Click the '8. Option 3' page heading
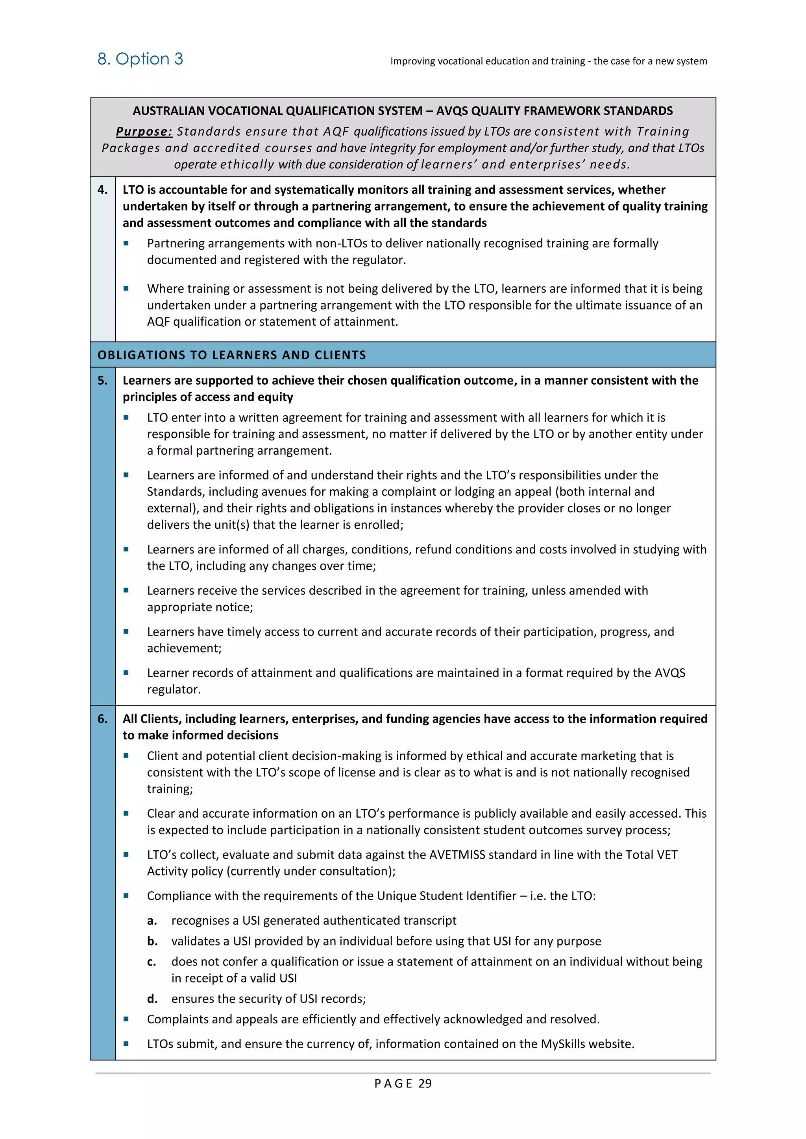coord(140,59)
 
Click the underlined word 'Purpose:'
coord(144,131)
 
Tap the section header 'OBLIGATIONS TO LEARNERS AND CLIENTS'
coord(232,355)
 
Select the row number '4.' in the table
coord(102,190)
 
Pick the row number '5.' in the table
coord(102,380)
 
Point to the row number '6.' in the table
coord(102,719)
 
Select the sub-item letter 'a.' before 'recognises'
coord(152,921)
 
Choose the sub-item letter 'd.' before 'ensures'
coord(152,999)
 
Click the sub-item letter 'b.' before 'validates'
coord(152,941)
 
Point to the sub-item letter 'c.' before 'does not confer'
coord(152,962)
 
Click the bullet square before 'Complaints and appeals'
coord(126,1019)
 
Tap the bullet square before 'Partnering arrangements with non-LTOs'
coord(126,243)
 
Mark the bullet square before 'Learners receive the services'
coord(126,590)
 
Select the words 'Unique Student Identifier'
coord(447,896)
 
